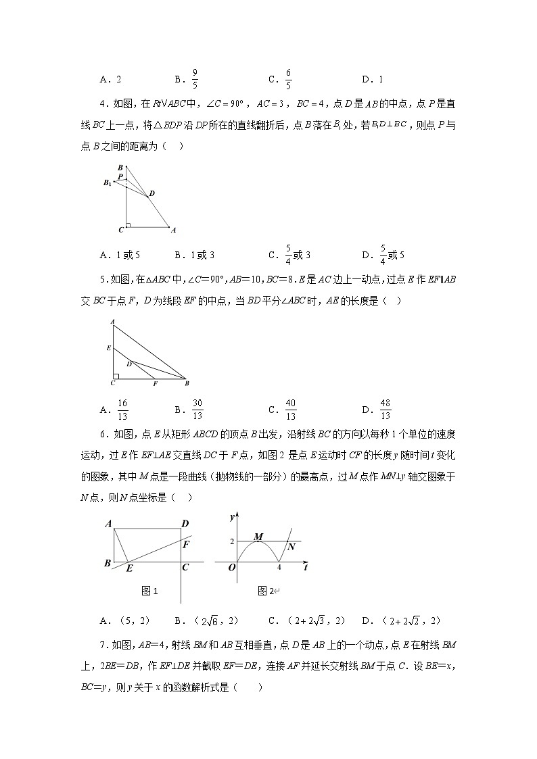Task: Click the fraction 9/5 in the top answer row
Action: (195, 79)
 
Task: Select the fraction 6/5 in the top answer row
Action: (288, 79)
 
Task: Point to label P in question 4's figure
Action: (120, 177)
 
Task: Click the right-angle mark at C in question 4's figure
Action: (129, 224)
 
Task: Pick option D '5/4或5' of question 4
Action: (392, 254)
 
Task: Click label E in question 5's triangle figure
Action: (108, 348)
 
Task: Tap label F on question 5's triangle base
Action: (155, 384)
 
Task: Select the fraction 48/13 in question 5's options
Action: (385, 410)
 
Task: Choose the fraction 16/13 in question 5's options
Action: (122, 410)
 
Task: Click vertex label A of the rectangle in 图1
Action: (108, 524)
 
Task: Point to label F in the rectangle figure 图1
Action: (187, 544)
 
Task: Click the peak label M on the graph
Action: (258, 537)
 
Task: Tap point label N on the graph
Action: (291, 547)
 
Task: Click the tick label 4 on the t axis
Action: (279, 568)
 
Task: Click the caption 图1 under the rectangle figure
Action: (149, 591)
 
